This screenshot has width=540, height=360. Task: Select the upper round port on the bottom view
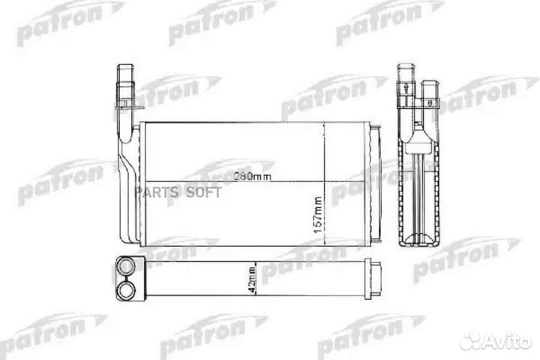[124, 266]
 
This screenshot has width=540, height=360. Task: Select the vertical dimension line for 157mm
[325, 184]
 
